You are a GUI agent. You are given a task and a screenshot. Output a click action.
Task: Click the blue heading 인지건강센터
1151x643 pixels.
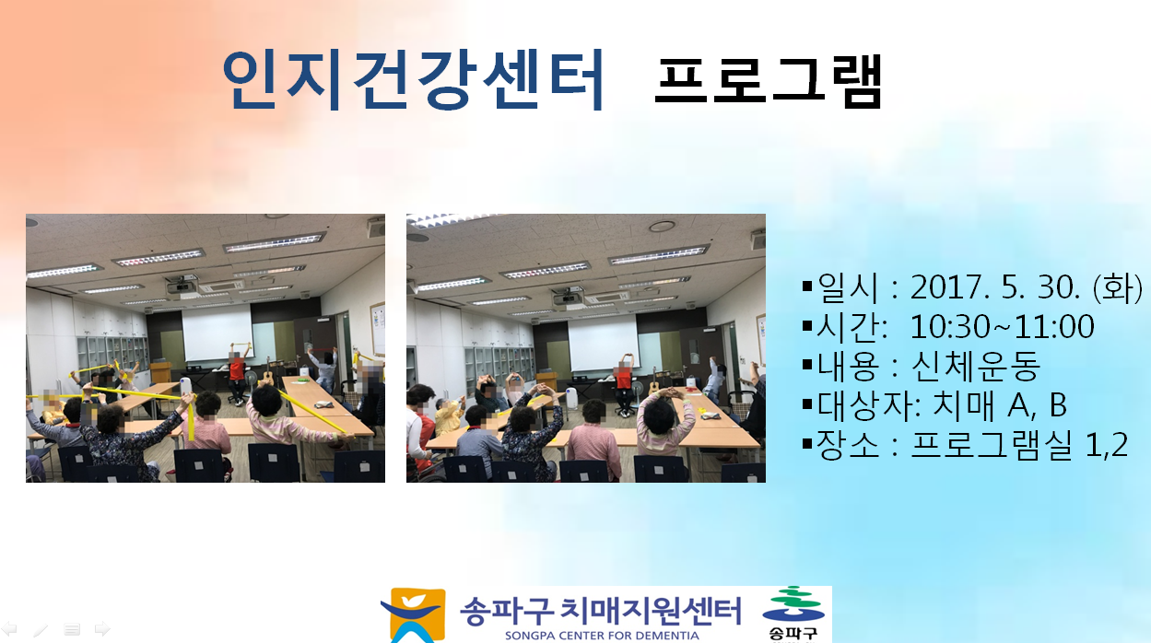click(x=413, y=79)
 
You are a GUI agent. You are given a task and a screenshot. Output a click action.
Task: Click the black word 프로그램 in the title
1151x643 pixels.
click(x=769, y=82)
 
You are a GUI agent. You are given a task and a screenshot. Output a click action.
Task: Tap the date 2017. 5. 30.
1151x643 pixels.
click(x=994, y=286)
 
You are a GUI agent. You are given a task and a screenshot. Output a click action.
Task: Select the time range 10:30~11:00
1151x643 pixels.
click(x=1002, y=327)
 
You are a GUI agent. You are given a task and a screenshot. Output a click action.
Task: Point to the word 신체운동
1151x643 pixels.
click(x=976, y=366)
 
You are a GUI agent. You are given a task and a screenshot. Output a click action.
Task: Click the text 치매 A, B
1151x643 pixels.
click(x=1000, y=405)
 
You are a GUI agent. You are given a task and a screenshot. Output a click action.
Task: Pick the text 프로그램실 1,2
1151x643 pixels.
click(x=1019, y=444)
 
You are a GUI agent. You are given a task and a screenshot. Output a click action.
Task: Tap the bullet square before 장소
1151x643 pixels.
click(x=806, y=444)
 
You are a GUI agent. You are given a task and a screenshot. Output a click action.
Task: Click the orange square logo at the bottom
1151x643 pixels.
click(x=414, y=614)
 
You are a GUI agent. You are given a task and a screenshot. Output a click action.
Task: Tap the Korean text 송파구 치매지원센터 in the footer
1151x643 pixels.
click(x=600, y=611)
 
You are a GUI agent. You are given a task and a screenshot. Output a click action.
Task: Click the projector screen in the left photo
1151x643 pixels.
click(x=217, y=333)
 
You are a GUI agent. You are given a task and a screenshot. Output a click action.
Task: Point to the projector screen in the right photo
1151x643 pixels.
click(x=603, y=342)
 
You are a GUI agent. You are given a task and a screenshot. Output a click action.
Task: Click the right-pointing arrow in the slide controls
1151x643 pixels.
click(x=102, y=628)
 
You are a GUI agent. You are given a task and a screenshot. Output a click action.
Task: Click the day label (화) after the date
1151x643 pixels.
click(x=1117, y=287)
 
